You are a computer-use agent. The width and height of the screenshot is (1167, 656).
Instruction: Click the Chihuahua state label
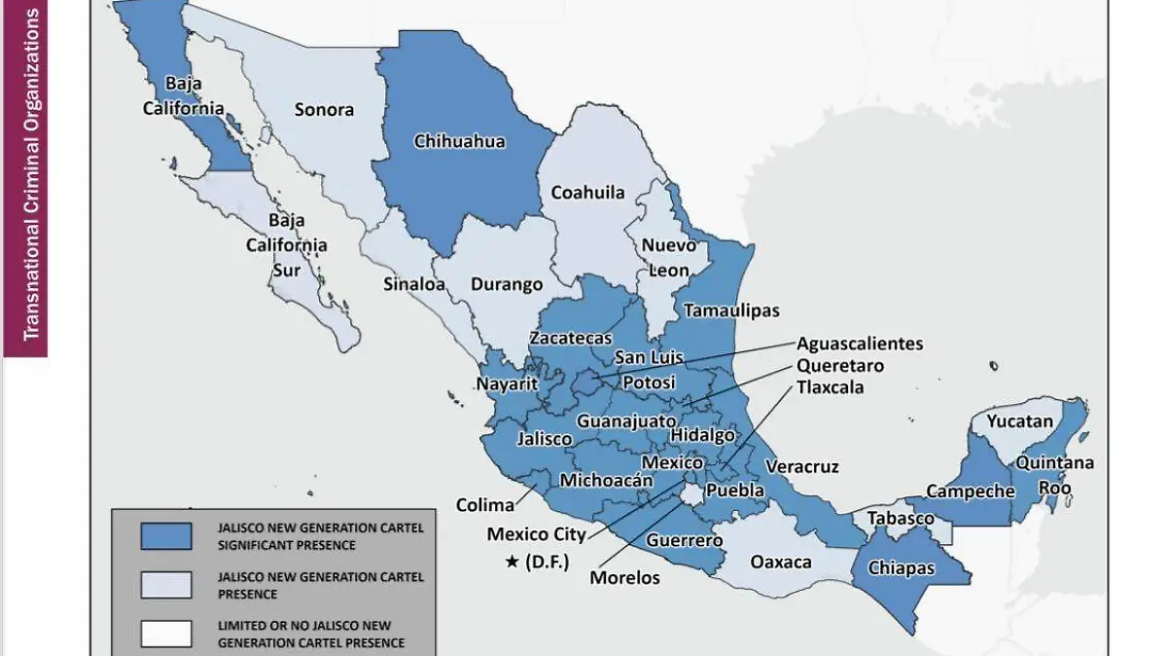[459, 141]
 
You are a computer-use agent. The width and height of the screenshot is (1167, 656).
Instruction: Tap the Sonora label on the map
[324, 109]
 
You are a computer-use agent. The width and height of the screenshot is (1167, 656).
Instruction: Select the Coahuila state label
[587, 192]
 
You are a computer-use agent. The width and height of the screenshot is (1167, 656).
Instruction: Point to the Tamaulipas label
[731, 310]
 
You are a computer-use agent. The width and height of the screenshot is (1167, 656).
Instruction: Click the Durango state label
[507, 285]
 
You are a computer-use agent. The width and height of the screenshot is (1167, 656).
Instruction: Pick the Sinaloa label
[413, 285]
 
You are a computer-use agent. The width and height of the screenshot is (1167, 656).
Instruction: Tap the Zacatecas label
[570, 338]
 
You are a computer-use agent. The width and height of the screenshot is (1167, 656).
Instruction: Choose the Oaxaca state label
[781, 562]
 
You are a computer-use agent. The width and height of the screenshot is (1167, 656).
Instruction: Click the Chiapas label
[902, 567]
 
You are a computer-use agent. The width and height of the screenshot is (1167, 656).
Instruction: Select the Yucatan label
[1019, 421]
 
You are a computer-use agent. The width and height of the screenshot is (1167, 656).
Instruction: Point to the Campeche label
[970, 492]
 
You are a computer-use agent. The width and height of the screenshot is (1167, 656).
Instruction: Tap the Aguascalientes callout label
[860, 344]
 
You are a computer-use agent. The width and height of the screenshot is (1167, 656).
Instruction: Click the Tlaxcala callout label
[830, 387]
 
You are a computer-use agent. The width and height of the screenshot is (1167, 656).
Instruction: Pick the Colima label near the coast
[485, 505]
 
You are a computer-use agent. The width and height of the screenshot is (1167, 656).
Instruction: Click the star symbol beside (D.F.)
[512, 562]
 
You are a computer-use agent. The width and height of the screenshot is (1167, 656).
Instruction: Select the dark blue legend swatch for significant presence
[165, 535]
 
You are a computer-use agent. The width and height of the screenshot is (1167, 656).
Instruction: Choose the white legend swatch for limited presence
[165, 633]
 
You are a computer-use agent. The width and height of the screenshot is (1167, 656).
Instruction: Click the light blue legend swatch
[165, 584]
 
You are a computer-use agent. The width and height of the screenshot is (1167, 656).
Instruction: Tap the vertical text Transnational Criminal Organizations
[31, 175]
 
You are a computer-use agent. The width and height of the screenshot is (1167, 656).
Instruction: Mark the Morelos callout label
[624, 577]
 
